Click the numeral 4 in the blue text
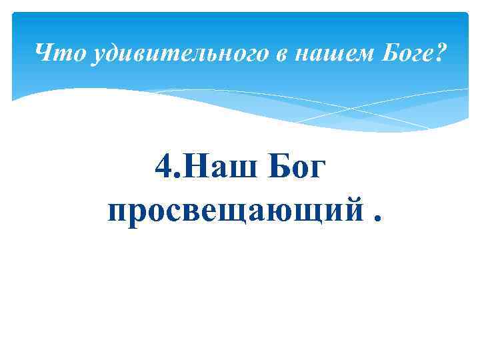click(163, 167)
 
